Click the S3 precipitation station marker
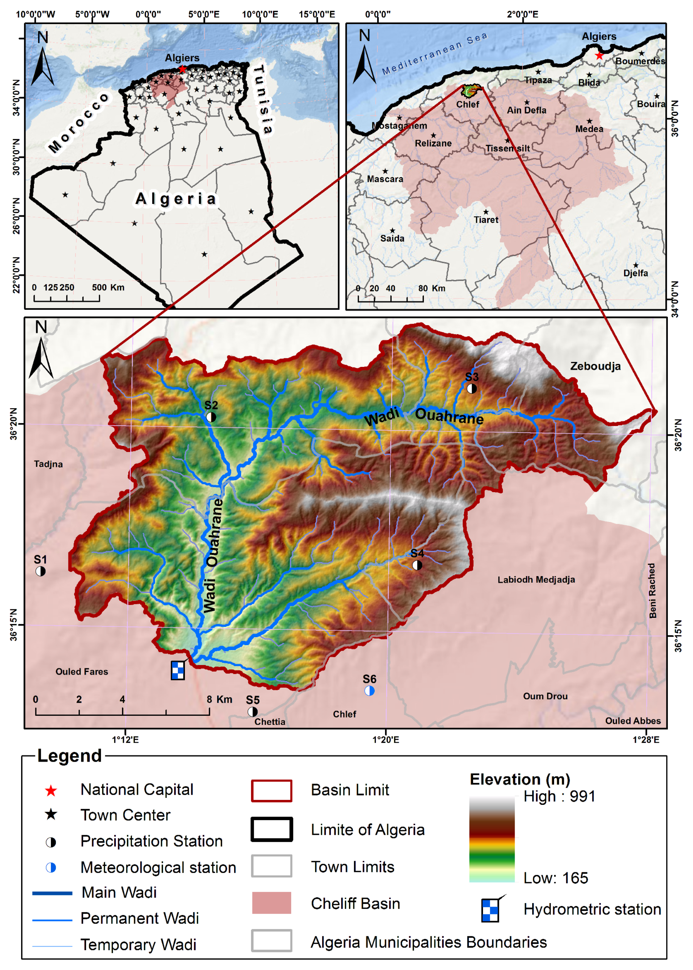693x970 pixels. (x=471, y=388)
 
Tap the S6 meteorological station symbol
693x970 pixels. (x=369, y=691)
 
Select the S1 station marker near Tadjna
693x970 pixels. (x=40, y=571)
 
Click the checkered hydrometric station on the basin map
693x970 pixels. (x=177, y=670)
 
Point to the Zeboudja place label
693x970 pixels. (x=595, y=366)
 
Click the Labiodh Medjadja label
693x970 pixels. (x=536, y=579)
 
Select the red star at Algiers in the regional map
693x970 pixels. (x=599, y=56)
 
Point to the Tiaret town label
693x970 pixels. (x=486, y=220)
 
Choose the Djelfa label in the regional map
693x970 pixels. (x=635, y=273)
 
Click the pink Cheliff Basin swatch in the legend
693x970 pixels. (x=271, y=902)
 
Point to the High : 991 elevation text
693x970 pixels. (x=559, y=796)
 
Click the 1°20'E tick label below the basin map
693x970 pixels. (x=386, y=739)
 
